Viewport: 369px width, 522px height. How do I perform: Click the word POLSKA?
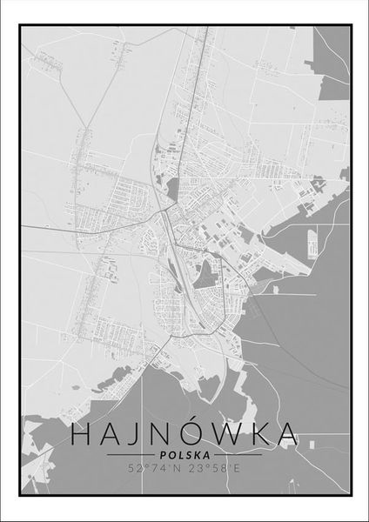pos(184,454)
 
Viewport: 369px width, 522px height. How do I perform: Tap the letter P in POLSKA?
pos(163,454)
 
